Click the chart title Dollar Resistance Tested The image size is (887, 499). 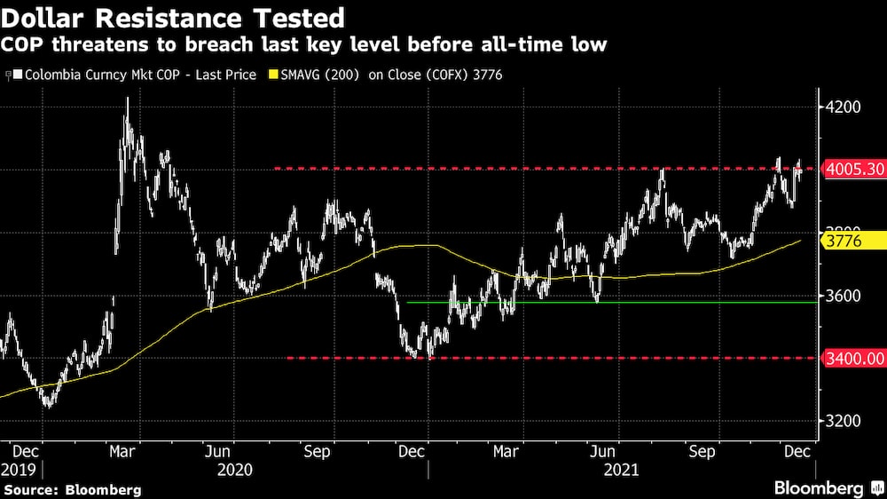[x=174, y=17]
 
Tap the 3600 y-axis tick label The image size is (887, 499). [x=844, y=296]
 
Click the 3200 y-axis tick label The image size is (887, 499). [x=844, y=421]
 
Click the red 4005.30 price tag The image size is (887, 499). [x=854, y=169]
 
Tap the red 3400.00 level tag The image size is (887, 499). [x=854, y=358]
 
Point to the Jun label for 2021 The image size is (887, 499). [x=604, y=451]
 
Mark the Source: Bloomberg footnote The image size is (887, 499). [x=72, y=489]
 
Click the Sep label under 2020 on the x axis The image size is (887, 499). [x=317, y=451]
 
